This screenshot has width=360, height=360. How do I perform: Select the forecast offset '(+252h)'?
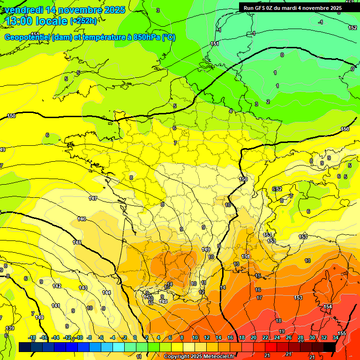click(84, 21)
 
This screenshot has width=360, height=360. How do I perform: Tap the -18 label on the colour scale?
click(32, 337)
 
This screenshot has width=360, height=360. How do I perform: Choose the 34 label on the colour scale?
click(336, 337)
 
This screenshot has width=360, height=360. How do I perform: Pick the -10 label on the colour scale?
click(80, 337)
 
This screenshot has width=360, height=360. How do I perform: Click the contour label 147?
click(93, 199)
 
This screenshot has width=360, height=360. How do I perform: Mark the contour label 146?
click(82, 219)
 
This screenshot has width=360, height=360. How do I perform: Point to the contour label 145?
click(77, 242)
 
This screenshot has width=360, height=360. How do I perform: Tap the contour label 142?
click(57, 286)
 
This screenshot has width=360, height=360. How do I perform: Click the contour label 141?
click(55, 306)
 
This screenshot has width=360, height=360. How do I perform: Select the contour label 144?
click(106, 292)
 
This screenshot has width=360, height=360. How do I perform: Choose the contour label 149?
click(205, 249)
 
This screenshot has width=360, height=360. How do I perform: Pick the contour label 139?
click(10, 328)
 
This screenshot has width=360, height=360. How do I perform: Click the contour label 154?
click(328, 307)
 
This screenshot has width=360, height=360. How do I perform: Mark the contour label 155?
click(342, 333)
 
